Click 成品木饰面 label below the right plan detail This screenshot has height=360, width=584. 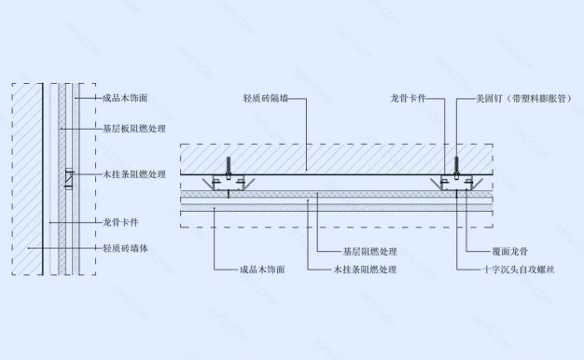(261, 270)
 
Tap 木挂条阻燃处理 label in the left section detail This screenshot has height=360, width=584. (132, 174)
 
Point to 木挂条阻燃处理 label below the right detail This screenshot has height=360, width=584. (365, 270)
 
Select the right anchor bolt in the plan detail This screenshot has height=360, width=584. (457, 170)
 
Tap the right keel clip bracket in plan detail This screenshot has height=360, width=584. (457, 185)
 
